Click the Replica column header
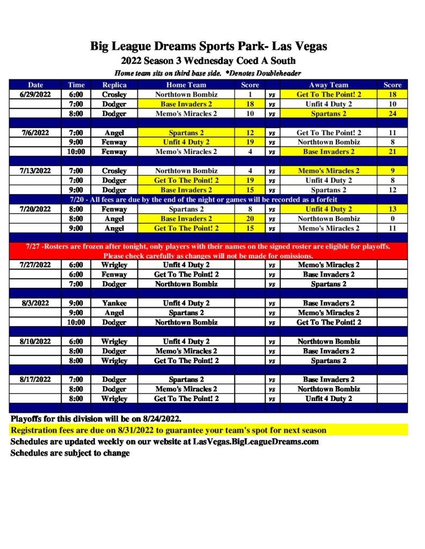pyautogui.click(x=114, y=85)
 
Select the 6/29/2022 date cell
pyautogui.click(x=35, y=94)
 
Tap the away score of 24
pyautogui.click(x=392, y=114)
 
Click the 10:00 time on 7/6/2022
pyautogui.click(x=76, y=152)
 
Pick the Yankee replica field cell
pyautogui.click(x=114, y=303)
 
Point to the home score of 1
pyautogui.click(x=250, y=94)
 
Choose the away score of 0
pyautogui.click(x=392, y=219)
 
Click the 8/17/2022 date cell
pyautogui.click(x=35, y=380)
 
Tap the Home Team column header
pyautogui.click(x=186, y=85)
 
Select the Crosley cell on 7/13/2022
pyautogui.click(x=114, y=171)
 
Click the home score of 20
pyautogui.click(x=250, y=219)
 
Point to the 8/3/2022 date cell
pyautogui.click(x=35, y=303)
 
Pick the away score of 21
pyautogui.click(x=392, y=152)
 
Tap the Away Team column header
pyautogui.click(x=328, y=85)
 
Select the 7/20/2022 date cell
pyautogui.click(x=35, y=209)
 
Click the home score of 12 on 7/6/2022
pyautogui.click(x=250, y=132)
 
